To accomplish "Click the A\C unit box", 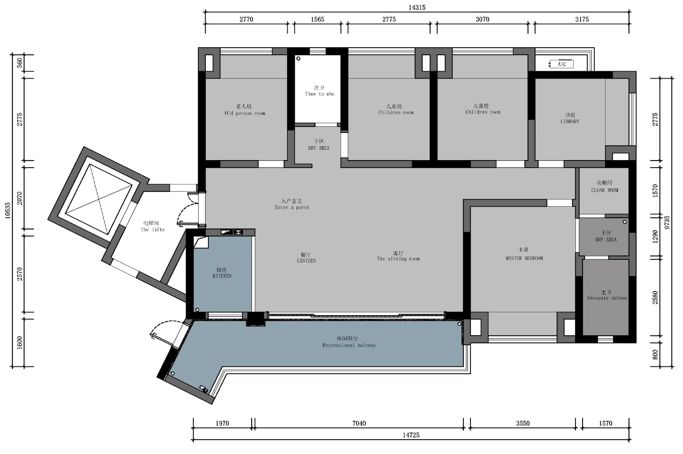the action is pyautogui.click(x=561, y=64).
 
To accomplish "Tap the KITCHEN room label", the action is pyautogui.click(x=222, y=276).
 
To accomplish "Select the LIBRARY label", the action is pyautogui.click(x=570, y=121).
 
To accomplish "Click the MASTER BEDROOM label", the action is pyautogui.click(x=524, y=258).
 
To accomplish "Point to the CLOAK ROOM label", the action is pyautogui.click(x=605, y=190).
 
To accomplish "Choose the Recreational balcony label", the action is pyautogui.click(x=349, y=345).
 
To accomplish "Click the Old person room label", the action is pyautogui.click(x=245, y=113).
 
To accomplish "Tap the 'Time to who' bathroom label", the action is pyautogui.click(x=319, y=94).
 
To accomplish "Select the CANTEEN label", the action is pyautogui.click(x=306, y=261).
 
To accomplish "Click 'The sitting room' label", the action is pyautogui.click(x=398, y=259).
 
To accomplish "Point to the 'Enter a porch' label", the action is pyautogui.click(x=292, y=207).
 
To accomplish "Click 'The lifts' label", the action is pyautogui.click(x=153, y=229).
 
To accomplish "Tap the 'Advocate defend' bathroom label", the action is pyautogui.click(x=607, y=298).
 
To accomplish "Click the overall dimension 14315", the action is pyautogui.click(x=417, y=8).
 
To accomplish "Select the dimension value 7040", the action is pyautogui.click(x=359, y=423).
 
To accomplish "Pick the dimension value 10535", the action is pyautogui.click(x=8, y=210).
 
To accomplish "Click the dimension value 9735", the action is pyautogui.click(x=667, y=222).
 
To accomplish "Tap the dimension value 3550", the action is pyautogui.click(x=523, y=423).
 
